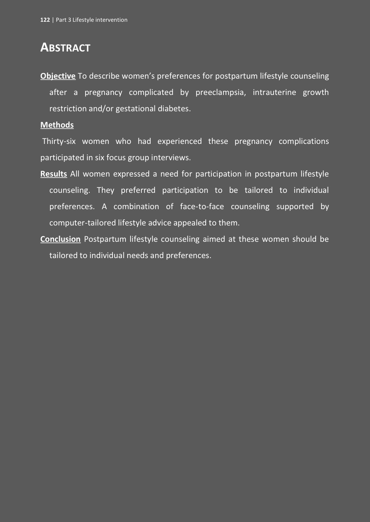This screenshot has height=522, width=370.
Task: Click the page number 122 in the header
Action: pyautogui.click(x=45, y=20)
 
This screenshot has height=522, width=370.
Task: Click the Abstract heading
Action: pyautogui.click(x=65, y=47)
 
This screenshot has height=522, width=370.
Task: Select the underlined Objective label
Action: pyautogui.click(x=58, y=76)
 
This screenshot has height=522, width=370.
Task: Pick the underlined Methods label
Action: pyautogui.click(x=57, y=125)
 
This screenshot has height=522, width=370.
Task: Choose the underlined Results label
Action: pyautogui.click(x=54, y=174)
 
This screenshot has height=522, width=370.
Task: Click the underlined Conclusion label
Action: pyautogui.click(x=60, y=239)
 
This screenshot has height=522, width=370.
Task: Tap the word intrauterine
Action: pyautogui.click(x=274, y=92)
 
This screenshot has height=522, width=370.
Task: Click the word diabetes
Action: pyautogui.click(x=174, y=109)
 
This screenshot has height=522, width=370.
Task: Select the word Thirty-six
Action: pyautogui.click(x=59, y=141)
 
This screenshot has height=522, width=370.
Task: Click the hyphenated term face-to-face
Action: pyautogui.click(x=202, y=207)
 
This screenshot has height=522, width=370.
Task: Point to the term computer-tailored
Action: pyautogui.click(x=82, y=223)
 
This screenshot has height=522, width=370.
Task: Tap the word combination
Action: pyautogui.click(x=136, y=207)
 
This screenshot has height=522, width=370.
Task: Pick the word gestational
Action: pyautogui.click(x=135, y=109)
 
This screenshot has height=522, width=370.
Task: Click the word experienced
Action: pyautogui.click(x=180, y=141)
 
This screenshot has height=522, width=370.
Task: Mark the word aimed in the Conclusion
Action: pyautogui.click(x=214, y=239)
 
